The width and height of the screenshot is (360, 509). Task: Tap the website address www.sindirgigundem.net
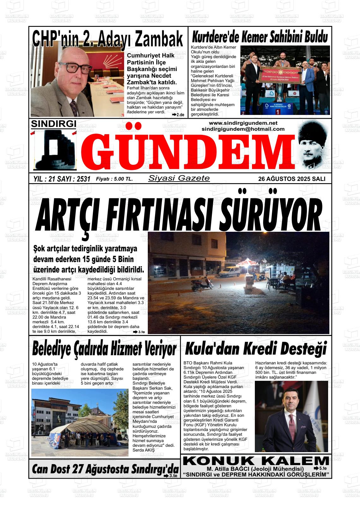(243, 123)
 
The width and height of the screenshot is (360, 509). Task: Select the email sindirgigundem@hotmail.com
(243, 129)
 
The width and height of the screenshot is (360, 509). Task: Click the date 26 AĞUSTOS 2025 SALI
(291, 179)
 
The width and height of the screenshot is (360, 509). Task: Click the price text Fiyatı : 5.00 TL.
(114, 179)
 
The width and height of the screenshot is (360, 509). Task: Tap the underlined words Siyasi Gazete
(179, 178)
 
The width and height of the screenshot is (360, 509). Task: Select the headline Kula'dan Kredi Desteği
(255, 349)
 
